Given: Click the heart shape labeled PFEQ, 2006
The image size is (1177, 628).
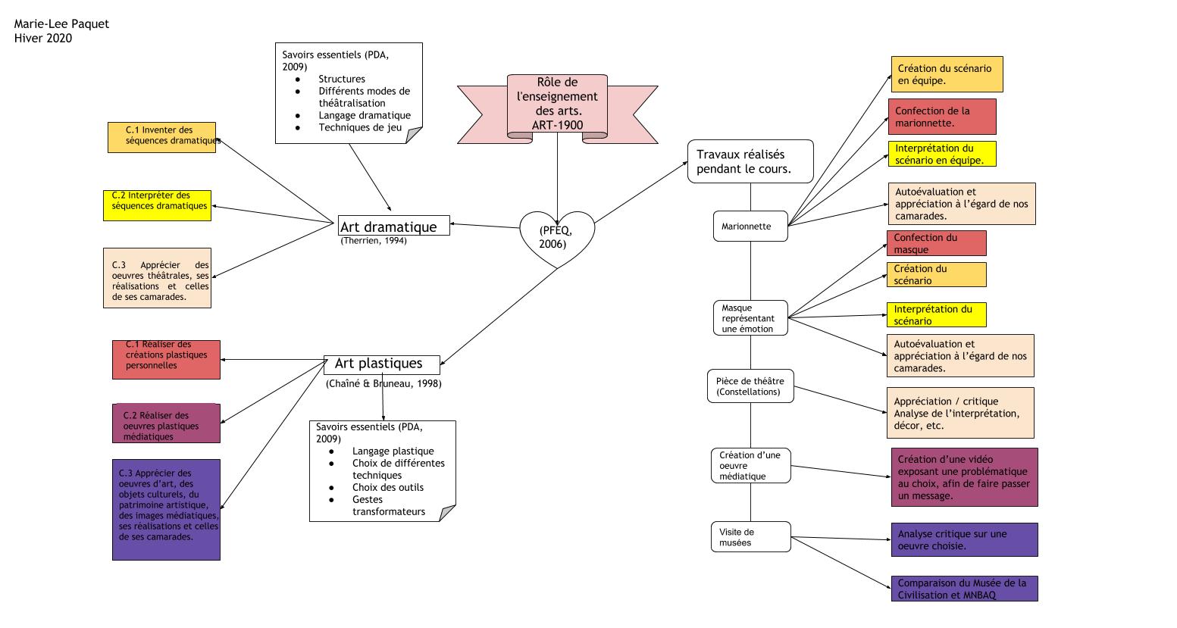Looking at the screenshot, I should (556, 237).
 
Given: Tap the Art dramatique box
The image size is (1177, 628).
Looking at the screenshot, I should (393, 226).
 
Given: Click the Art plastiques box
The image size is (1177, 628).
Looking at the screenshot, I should (382, 364).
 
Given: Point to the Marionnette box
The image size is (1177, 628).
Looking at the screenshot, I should (750, 227).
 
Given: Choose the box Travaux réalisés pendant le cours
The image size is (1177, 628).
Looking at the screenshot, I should (750, 161).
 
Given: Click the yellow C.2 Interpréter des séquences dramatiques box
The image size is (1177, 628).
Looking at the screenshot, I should (158, 205).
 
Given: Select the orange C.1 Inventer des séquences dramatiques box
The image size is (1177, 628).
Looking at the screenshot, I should (162, 137).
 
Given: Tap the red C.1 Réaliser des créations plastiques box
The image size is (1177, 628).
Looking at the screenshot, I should (166, 359).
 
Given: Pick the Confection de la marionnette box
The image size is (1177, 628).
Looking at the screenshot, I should (942, 117).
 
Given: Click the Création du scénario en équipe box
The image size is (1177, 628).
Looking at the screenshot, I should (947, 74).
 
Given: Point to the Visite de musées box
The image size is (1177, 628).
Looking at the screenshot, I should (750, 537).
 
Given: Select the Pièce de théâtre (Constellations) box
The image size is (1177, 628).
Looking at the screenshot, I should (750, 386).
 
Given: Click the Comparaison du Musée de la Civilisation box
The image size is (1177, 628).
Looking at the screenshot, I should (964, 589).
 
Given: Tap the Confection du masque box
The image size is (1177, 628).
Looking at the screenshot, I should (936, 243).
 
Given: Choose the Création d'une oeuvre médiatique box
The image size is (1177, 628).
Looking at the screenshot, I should (750, 465).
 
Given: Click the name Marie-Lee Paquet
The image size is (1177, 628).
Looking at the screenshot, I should (61, 24).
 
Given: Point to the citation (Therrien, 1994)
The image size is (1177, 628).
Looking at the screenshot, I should (374, 241).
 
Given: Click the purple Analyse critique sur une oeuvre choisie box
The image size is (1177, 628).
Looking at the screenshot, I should (964, 539).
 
